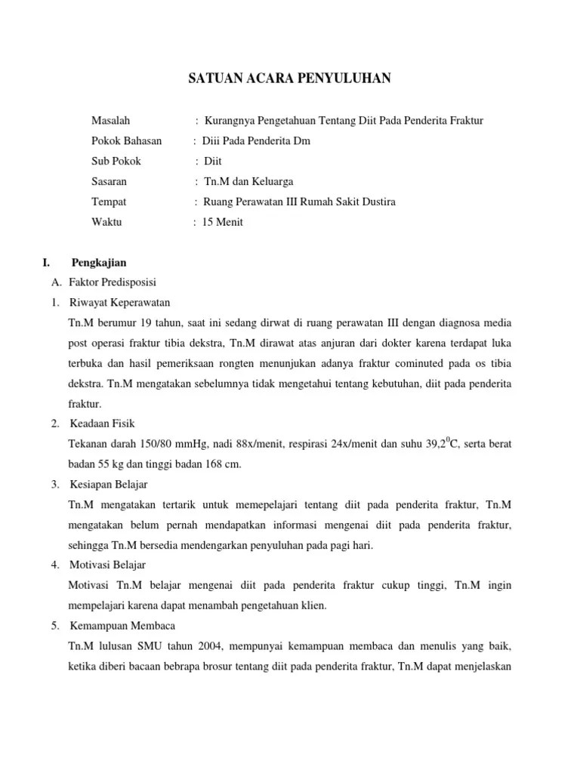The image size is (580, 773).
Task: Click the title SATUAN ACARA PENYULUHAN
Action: (x=290, y=78)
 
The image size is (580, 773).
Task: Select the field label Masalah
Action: (x=111, y=120)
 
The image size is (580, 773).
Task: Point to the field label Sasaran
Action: (x=110, y=181)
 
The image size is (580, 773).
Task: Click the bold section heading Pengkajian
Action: (x=99, y=263)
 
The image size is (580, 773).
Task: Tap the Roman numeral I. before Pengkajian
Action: (x=47, y=263)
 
